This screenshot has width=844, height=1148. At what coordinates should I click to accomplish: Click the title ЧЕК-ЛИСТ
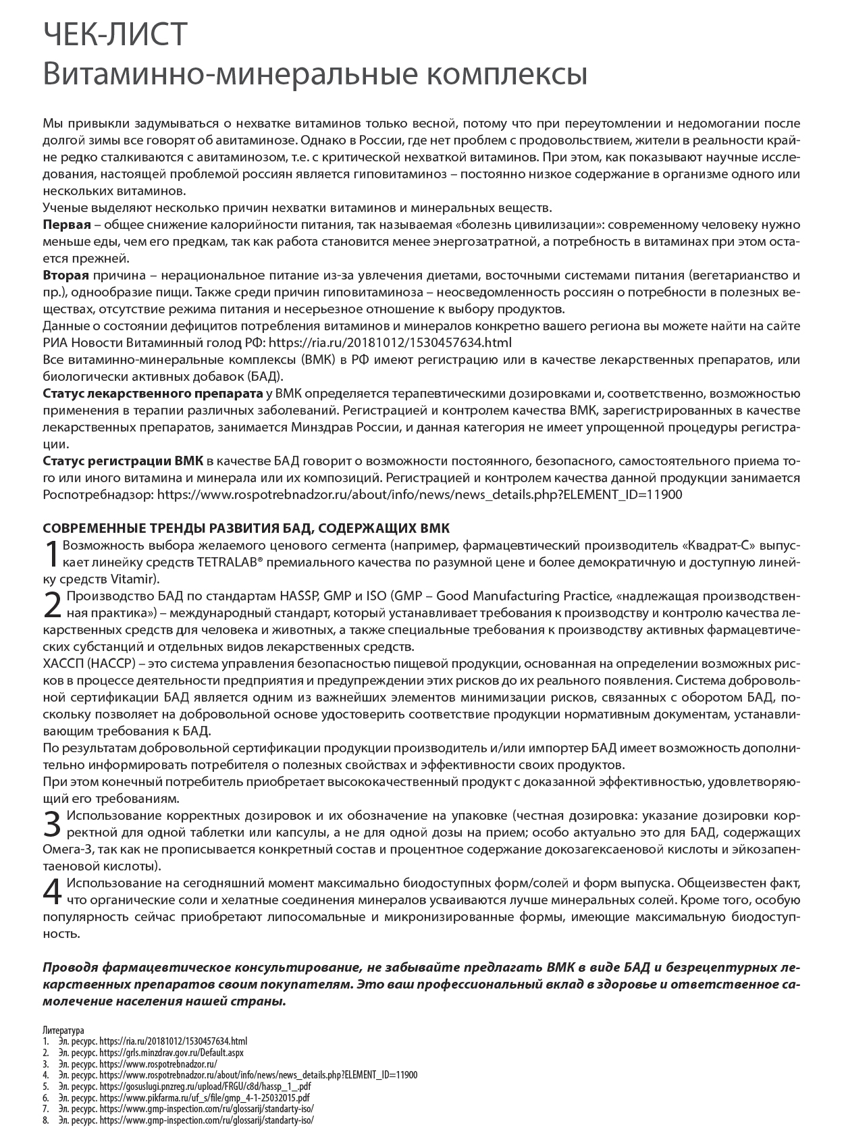click(114, 36)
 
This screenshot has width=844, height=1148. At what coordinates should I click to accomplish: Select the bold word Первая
click(65, 224)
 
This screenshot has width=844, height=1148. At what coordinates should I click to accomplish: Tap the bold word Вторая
click(65, 275)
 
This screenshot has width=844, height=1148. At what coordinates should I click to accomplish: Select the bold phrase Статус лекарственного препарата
click(153, 393)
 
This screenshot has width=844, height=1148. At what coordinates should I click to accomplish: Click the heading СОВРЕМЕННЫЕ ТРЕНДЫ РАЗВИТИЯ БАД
click(246, 527)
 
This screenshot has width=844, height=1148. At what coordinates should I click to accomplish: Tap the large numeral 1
click(51, 553)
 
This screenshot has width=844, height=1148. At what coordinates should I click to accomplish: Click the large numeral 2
click(52, 604)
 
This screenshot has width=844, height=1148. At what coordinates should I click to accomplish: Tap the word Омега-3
click(68, 849)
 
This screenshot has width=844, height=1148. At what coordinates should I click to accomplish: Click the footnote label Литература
click(63, 1031)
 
